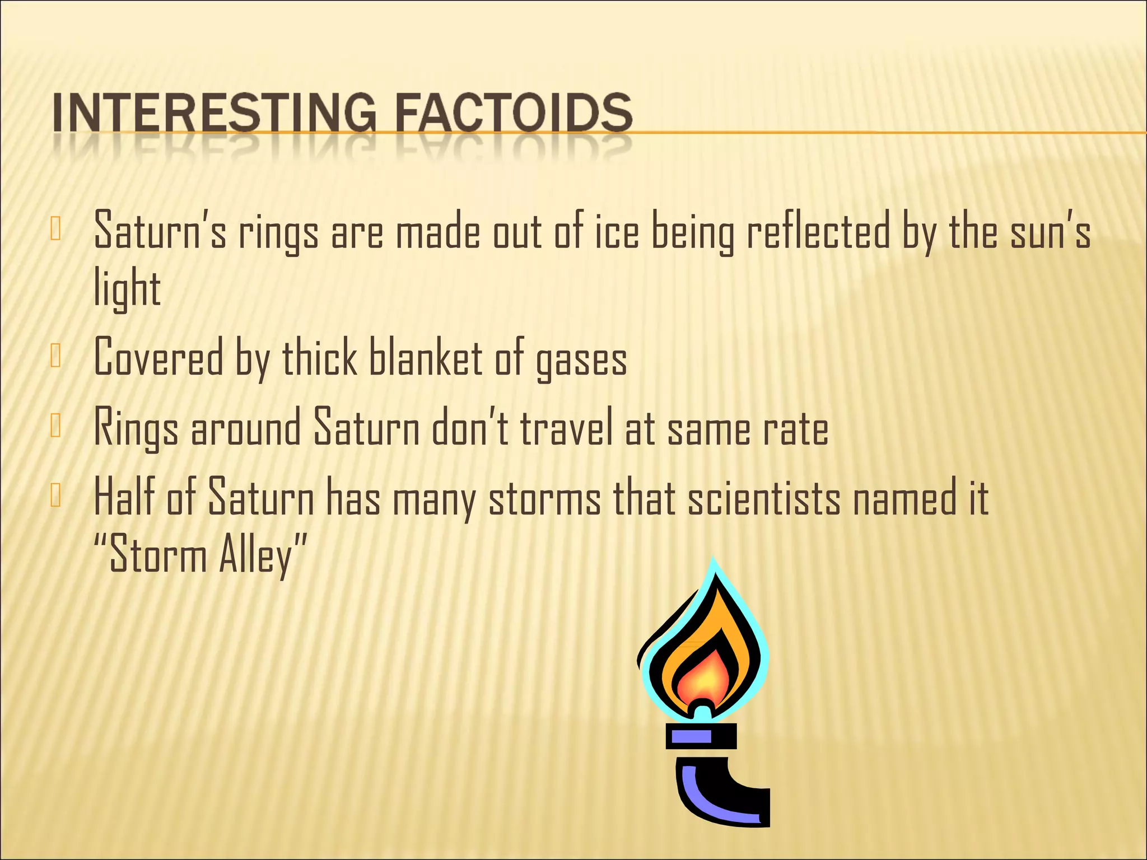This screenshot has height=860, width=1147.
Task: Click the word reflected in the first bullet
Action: tap(818, 231)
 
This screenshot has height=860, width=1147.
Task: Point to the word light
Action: tap(127, 289)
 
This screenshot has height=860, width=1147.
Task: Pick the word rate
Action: tap(795, 429)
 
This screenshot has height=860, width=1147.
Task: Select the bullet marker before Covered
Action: tap(55, 357)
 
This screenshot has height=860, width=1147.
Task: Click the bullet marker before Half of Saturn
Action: tap(55, 496)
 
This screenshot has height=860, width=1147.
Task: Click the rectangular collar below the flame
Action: tap(701, 736)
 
